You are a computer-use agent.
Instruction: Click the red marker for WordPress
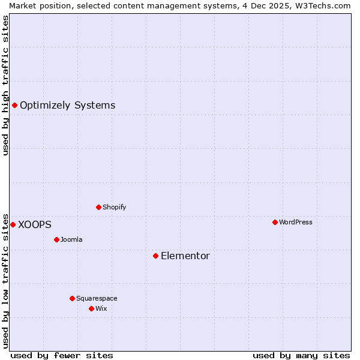pyautogui.click(x=275, y=222)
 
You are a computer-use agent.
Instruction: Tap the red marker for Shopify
pyautogui.click(x=98, y=207)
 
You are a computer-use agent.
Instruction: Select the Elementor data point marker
pyautogui.click(x=155, y=256)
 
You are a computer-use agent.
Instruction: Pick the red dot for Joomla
pyautogui.click(x=56, y=239)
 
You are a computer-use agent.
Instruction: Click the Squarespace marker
pyautogui.click(x=72, y=298)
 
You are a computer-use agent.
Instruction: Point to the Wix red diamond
pyautogui.click(x=91, y=308)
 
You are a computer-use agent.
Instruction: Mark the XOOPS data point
pyautogui.click(x=13, y=224)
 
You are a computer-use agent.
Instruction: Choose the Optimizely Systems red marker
pyautogui.click(x=14, y=105)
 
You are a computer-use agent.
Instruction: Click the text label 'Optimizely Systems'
pyautogui.click(x=67, y=106)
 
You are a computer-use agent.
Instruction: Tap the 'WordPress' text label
pyautogui.click(x=296, y=222)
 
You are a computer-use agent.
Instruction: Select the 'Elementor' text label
pyautogui.click(x=185, y=256)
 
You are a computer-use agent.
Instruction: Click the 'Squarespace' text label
pyautogui.click(x=97, y=298)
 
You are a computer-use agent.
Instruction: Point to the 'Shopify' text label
pyautogui.click(x=114, y=207)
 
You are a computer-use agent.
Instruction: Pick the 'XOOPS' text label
pyautogui.click(x=35, y=225)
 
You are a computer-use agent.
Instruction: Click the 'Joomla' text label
pyautogui.click(x=71, y=239)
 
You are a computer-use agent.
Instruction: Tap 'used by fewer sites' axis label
pyautogui.click(x=62, y=355)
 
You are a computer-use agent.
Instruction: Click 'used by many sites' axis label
pyautogui.click(x=301, y=355)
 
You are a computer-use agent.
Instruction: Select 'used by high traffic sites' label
pyautogui.click(x=5, y=85)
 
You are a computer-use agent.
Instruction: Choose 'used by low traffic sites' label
pyautogui.click(x=5, y=280)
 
